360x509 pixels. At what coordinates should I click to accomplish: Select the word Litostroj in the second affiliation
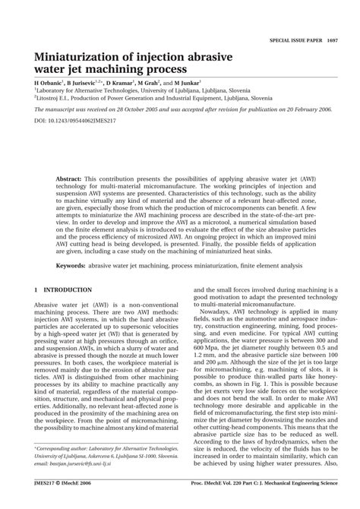[x=49, y=97]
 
